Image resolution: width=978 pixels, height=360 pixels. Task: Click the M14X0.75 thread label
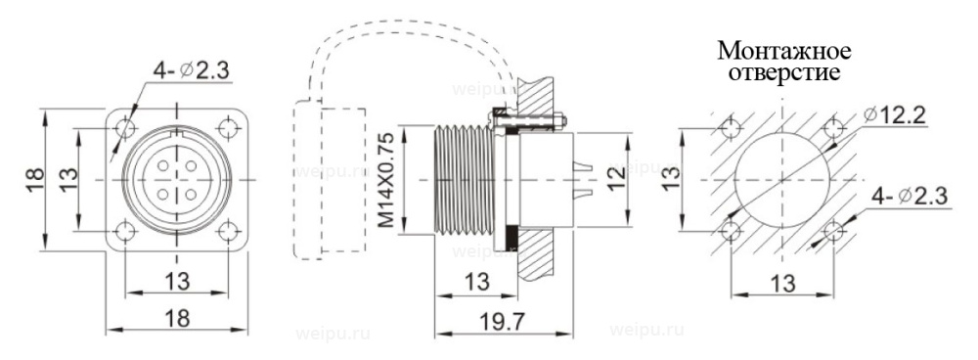pos(388,180)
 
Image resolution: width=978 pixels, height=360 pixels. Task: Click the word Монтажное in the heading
pos(784,49)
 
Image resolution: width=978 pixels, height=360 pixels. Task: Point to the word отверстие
pos(784,72)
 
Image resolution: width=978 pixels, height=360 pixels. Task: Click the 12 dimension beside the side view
pos(616,180)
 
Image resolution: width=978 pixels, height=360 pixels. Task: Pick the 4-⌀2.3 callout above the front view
pos(192,71)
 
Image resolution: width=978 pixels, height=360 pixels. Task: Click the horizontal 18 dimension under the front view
pos(177,319)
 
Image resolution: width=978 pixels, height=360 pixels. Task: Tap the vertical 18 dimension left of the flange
pos(35,180)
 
